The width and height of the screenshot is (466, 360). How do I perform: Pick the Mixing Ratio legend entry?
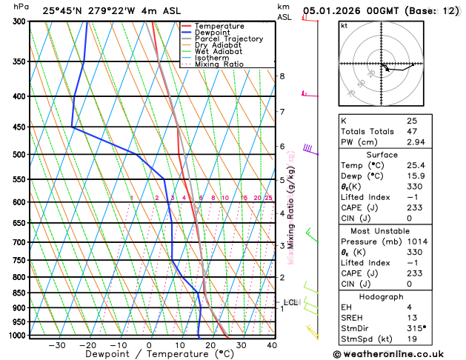(219, 64)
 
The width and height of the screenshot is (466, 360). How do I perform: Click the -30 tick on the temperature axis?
(57, 345)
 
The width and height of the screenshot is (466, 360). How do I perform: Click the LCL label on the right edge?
(290, 302)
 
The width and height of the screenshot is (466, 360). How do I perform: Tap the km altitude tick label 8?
(282, 76)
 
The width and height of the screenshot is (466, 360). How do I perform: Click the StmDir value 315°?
(416, 327)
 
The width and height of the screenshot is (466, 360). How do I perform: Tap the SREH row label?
(353, 317)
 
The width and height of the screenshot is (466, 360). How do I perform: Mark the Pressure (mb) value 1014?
(417, 241)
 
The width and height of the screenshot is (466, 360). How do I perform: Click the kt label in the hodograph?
(344, 25)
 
